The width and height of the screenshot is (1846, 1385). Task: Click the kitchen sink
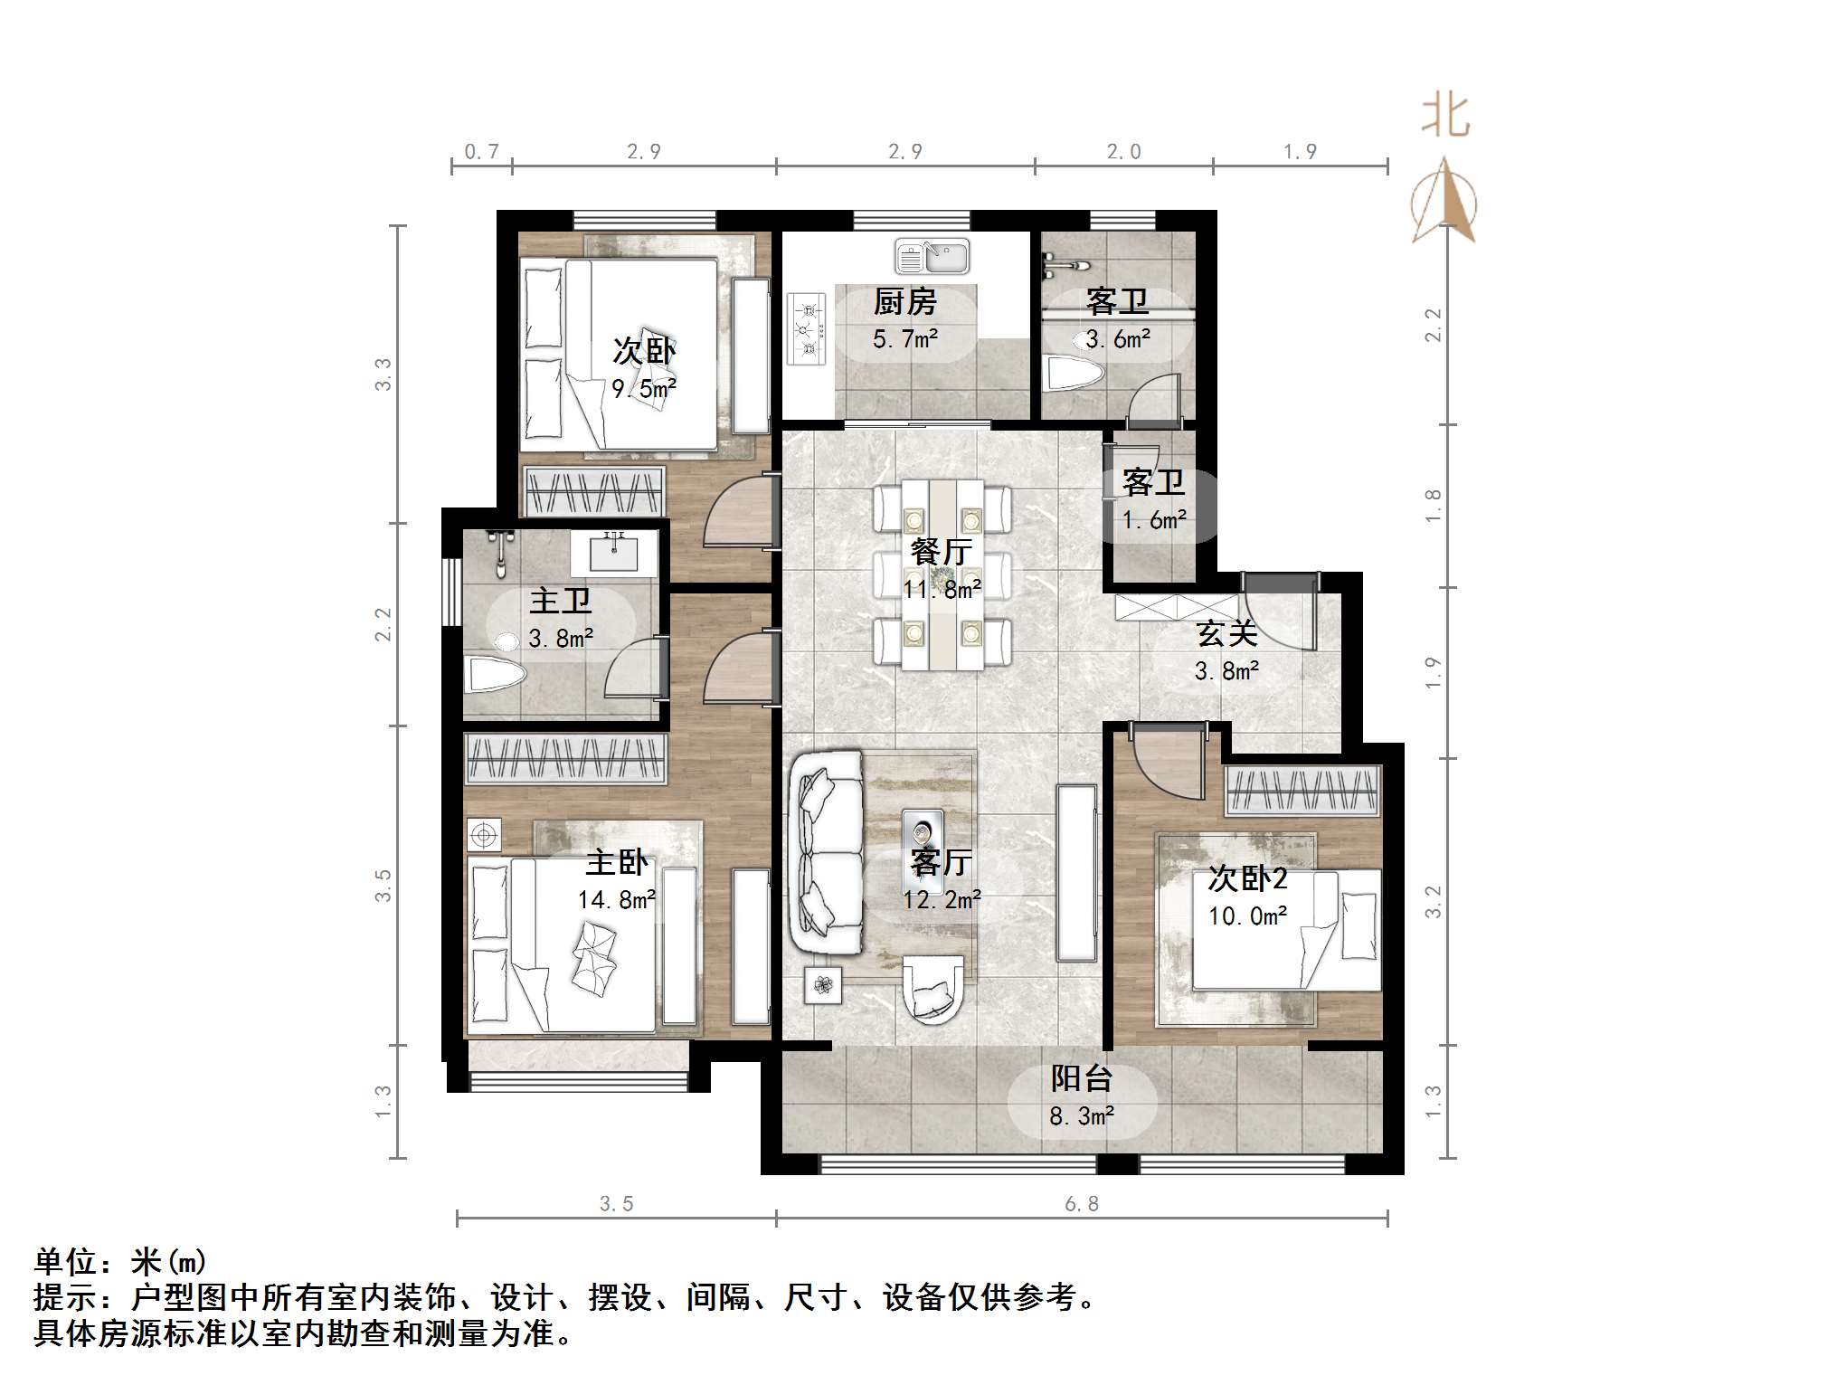(932, 257)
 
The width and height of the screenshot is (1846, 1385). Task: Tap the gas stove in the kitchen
(807, 328)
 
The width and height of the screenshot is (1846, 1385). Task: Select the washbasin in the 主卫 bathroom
(614, 552)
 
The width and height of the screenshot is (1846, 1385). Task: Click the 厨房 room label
(905, 302)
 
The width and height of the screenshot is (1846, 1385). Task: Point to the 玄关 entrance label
(1226, 634)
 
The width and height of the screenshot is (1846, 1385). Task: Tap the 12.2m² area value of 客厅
(942, 899)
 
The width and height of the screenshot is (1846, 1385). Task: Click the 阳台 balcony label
(1081, 1078)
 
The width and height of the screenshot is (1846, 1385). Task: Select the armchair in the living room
(932, 990)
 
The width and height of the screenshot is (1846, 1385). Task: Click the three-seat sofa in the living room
(825, 852)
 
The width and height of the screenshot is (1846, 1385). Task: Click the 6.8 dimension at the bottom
(1082, 1204)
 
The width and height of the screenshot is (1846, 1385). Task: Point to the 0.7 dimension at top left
(481, 152)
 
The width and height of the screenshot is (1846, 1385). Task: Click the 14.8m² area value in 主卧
(617, 899)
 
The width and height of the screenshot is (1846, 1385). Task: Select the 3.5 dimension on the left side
(383, 885)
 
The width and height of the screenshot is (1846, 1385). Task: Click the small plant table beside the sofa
(823, 985)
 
